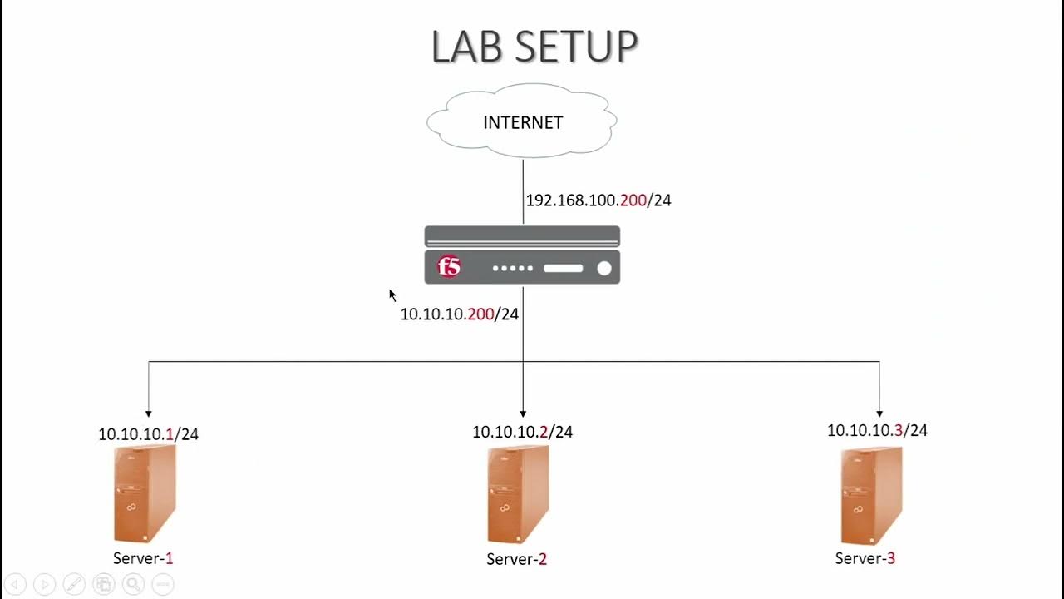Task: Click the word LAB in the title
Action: [x=467, y=47]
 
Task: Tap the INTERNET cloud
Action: [x=523, y=122]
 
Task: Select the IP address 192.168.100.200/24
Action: [x=598, y=200]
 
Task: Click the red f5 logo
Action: [x=449, y=267]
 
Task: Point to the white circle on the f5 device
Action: [x=604, y=268]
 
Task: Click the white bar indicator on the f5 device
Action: [x=564, y=268]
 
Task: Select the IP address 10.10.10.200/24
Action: [x=460, y=314]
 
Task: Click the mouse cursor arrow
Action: [x=392, y=295]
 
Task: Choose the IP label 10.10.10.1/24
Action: [x=149, y=434]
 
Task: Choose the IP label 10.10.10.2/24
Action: [x=523, y=432]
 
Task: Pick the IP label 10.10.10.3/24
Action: [x=877, y=430]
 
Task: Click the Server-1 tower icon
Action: [x=145, y=494]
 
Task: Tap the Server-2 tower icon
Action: [x=519, y=494]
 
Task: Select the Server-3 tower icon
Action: [x=871, y=494]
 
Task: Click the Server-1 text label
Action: [x=143, y=558]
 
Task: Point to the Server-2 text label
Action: [x=516, y=559]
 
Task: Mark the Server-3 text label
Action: [x=865, y=558]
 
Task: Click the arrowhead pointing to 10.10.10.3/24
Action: [x=879, y=413]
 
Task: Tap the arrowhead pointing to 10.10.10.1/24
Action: [x=149, y=413]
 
